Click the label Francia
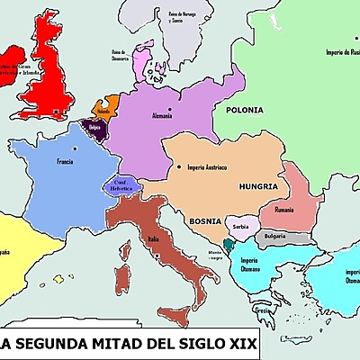pyautogui.click(x=64, y=162)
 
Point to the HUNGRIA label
pyautogui.click(x=258, y=185)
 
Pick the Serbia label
pyautogui.click(x=240, y=227)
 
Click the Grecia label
pyautogui.click(x=263, y=310)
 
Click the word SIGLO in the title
pyautogui.click(x=192, y=344)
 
